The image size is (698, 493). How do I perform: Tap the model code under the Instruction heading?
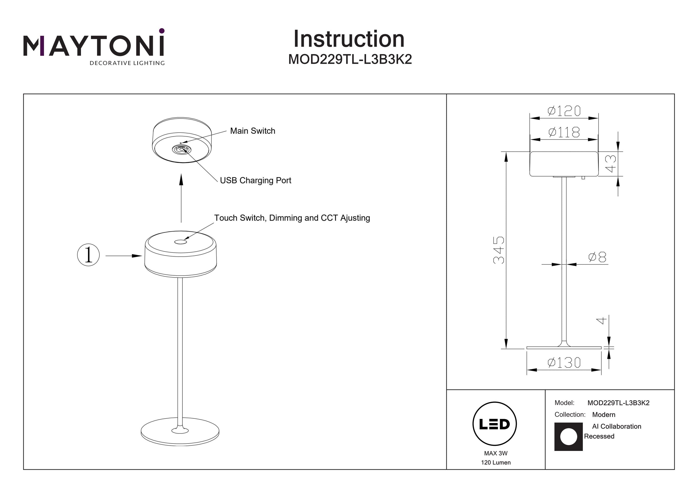(350, 59)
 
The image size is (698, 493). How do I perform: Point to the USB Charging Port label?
(255, 180)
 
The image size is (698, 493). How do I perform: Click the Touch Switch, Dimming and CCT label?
(292, 218)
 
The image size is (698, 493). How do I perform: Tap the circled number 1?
(88, 255)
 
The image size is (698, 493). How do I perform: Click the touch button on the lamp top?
(180, 242)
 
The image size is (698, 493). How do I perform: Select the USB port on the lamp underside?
(181, 149)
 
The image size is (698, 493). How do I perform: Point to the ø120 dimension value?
(564, 111)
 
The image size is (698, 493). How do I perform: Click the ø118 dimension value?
(564, 132)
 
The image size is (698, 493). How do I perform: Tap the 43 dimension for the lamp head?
(611, 163)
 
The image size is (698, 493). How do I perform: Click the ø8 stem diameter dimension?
(597, 257)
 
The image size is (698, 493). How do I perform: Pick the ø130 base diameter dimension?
(564, 363)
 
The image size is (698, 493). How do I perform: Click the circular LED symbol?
(495, 424)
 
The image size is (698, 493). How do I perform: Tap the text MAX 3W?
(496, 453)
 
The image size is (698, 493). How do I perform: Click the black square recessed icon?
(568, 437)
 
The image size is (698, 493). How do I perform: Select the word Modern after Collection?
(604, 415)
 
